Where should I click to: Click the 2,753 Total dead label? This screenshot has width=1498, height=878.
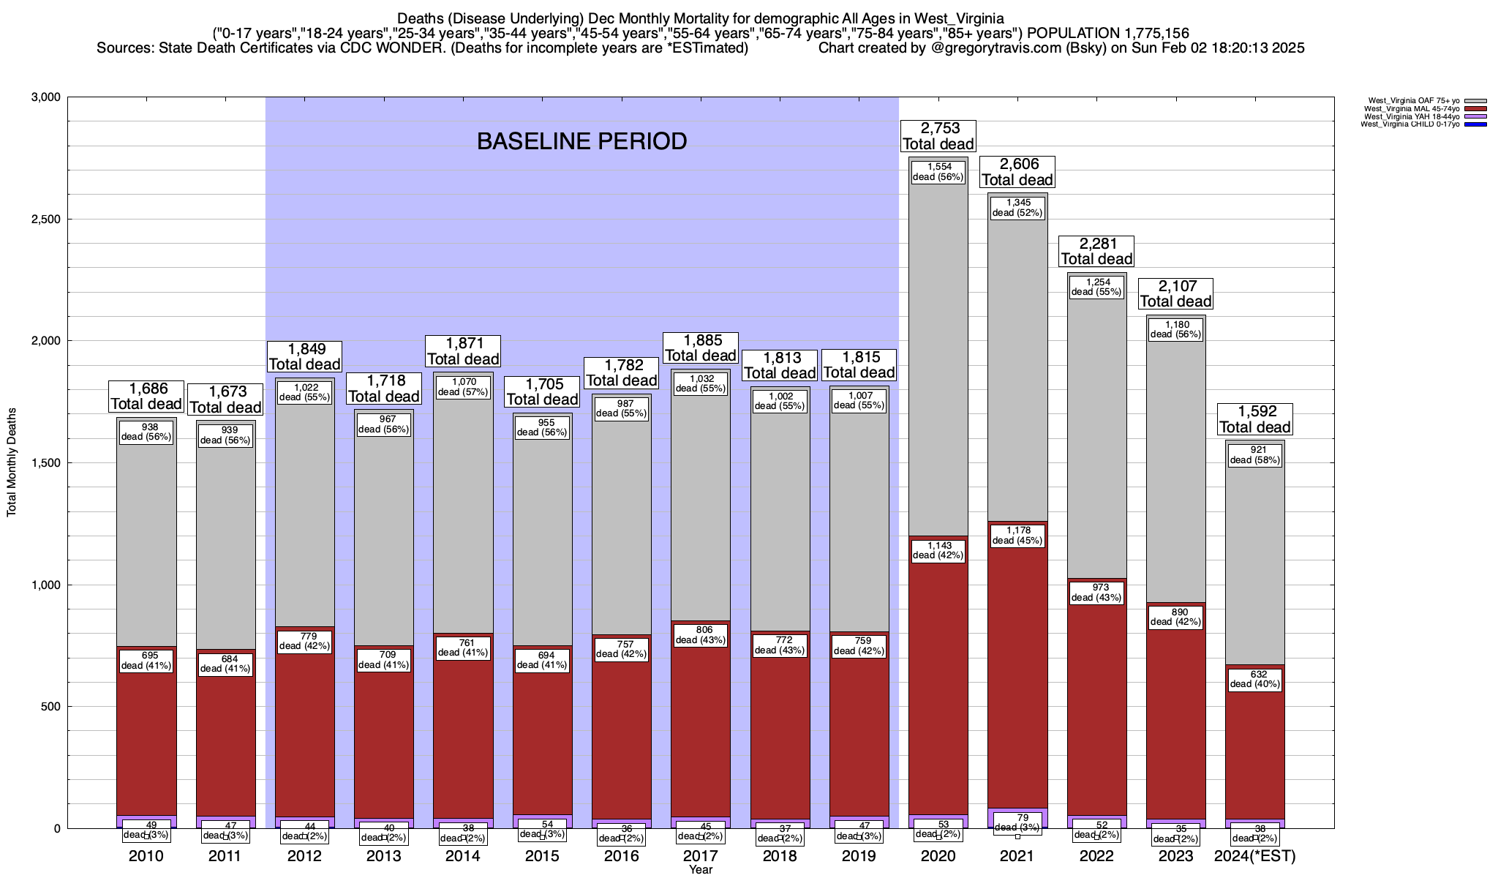click(938, 136)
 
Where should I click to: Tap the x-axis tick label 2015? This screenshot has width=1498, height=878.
click(542, 856)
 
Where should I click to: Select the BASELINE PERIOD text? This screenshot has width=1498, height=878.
click(581, 141)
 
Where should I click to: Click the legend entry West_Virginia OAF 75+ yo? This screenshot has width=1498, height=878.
click(1412, 101)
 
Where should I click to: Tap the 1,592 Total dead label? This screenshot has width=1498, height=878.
click(1255, 419)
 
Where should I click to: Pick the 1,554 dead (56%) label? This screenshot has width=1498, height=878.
click(938, 172)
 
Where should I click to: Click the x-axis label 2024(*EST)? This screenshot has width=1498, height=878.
click(1254, 856)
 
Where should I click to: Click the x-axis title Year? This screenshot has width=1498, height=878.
click(700, 869)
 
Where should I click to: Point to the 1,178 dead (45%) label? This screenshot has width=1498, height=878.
click(1017, 536)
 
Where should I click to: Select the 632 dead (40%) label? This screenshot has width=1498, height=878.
click(1255, 679)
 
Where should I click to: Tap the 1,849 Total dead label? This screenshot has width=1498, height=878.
click(304, 356)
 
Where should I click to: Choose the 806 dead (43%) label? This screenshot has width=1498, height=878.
click(701, 634)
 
